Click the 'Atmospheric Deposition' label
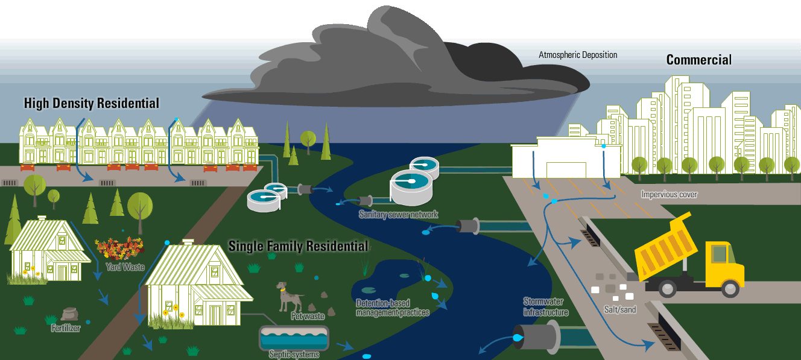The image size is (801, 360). pyautogui.click(x=578, y=55)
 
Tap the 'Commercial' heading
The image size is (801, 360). pyautogui.click(x=698, y=60)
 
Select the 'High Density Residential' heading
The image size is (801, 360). pyautogui.click(x=92, y=103)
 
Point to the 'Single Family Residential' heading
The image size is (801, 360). pyautogui.click(x=298, y=246)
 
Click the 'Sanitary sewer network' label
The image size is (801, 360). pyautogui.click(x=398, y=215)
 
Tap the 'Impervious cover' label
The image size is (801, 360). pyautogui.click(x=669, y=195)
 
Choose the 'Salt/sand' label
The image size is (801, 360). pyautogui.click(x=620, y=309)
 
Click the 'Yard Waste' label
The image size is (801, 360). pyautogui.click(x=125, y=267)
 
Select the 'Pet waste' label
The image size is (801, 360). pyautogui.click(x=308, y=316)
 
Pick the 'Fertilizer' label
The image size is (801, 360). pyautogui.click(x=66, y=328)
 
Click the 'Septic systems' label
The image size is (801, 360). pyautogui.click(x=294, y=355)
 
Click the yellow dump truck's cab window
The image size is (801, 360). pyautogui.click(x=720, y=253)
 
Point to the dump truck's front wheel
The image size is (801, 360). pyautogui.click(x=730, y=289)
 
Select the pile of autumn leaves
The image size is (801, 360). pyautogui.click(x=119, y=248)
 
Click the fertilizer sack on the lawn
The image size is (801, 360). pyautogui.click(x=69, y=314)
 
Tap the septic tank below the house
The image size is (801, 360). pyautogui.click(x=294, y=338)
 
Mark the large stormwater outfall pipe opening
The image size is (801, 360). pyautogui.click(x=519, y=337)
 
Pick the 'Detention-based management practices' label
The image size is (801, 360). pyautogui.click(x=392, y=308)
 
